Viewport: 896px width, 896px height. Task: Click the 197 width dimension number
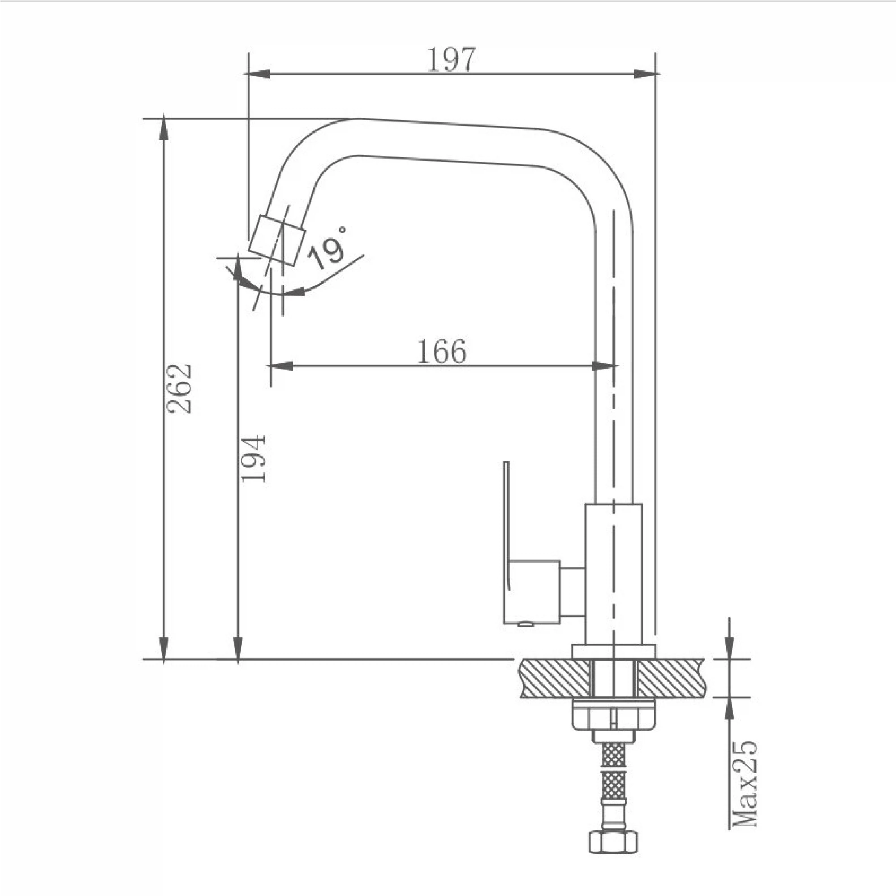click(x=451, y=60)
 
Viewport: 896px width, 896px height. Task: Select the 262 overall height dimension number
click(x=179, y=388)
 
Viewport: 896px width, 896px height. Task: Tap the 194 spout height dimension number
click(x=253, y=458)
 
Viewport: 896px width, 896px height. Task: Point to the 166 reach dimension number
click(x=442, y=352)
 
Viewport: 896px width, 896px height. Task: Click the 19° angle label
click(x=328, y=248)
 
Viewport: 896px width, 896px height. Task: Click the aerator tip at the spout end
click(x=277, y=240)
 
